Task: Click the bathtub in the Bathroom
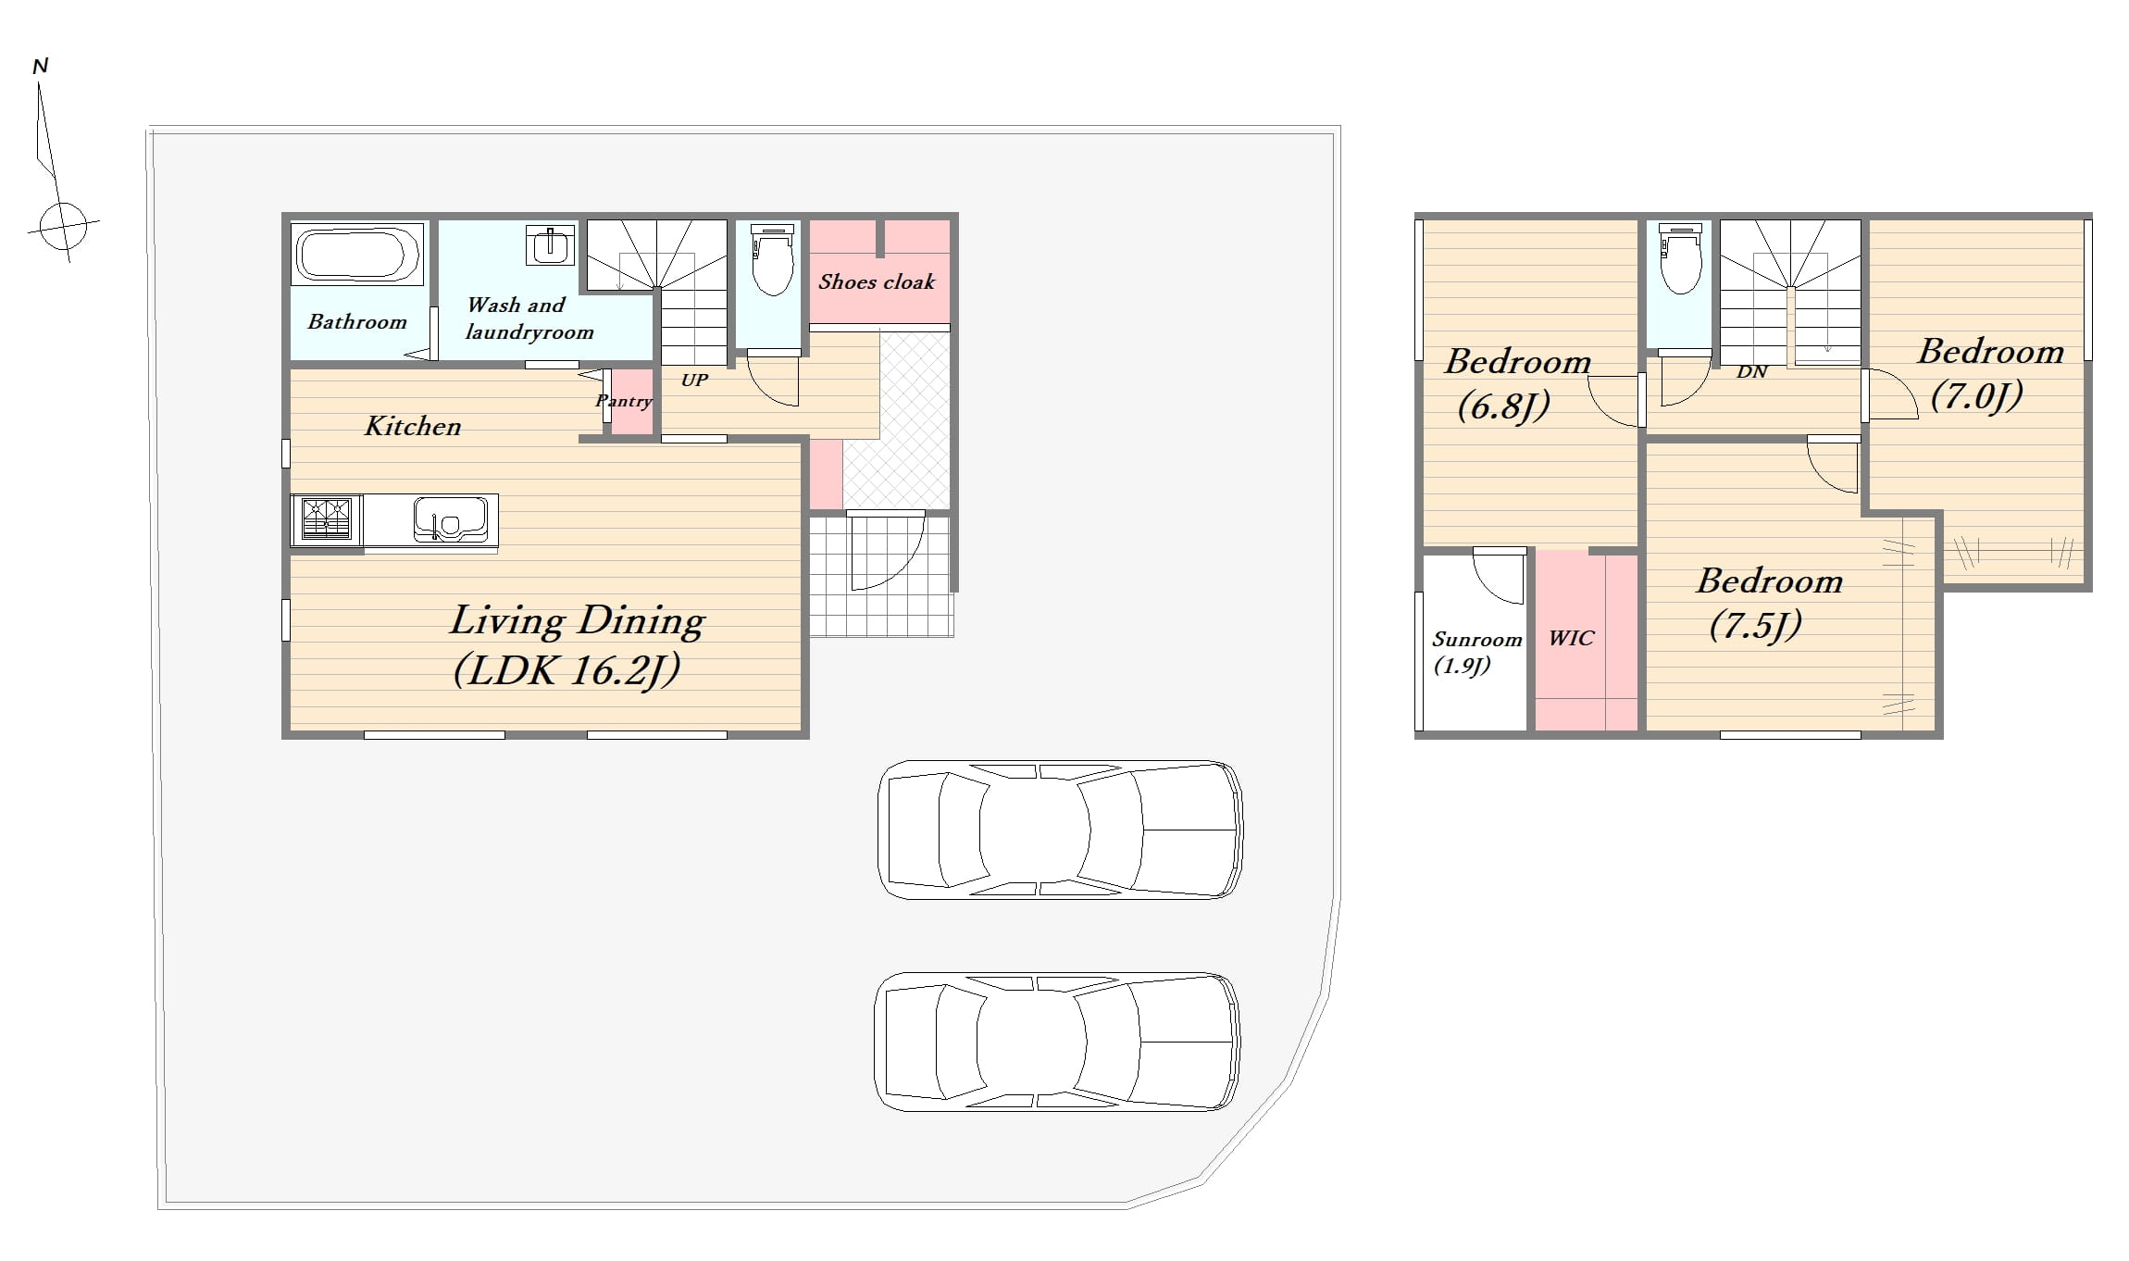coord(357,254)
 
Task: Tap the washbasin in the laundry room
coord(550,244)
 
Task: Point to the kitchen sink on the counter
coord(450,520)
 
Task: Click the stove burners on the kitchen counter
coord(327,518)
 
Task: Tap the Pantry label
coord(624,401)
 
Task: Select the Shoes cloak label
coord(877,281)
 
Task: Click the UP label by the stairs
coord(694,380)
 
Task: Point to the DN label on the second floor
coord(1751,372)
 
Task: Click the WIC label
coord(1571,638)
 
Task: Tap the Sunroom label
coord(1476,639)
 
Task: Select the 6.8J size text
coord(1503,406)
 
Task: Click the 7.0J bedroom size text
coord(1976,396)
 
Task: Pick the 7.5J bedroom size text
coord(1755,626)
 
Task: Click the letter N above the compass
coord(40,66)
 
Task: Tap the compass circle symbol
coord(64,226)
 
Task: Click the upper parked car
coord(1060,830)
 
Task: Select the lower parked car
coord(1057,1042)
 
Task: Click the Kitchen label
coord(413,426)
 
